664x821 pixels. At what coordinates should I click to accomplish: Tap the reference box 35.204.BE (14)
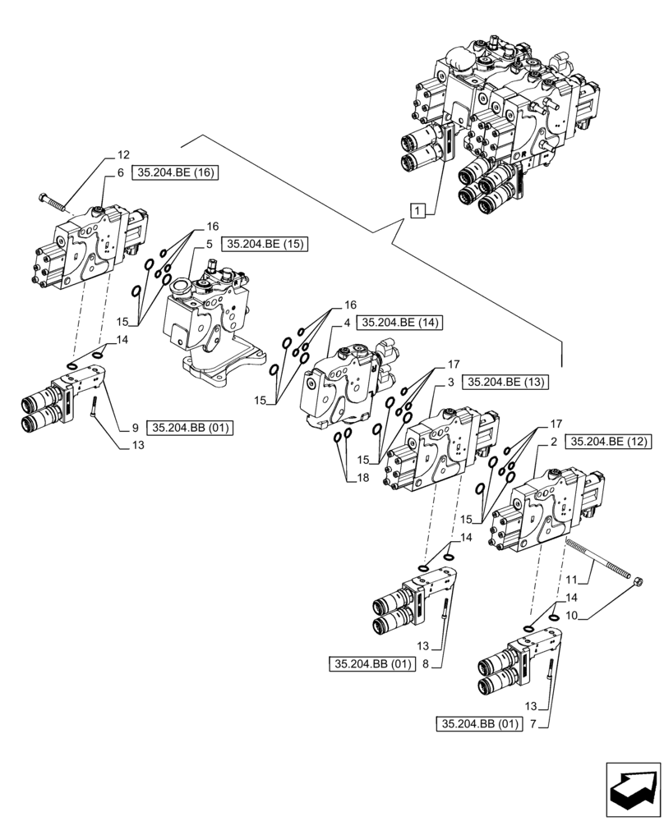[399, 323]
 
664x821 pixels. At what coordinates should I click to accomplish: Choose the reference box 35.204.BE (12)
[608, 442]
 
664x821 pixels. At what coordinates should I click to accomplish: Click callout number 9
[134, 427]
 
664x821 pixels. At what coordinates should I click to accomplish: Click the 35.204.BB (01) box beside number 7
[480, 723]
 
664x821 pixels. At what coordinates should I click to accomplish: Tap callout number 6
[120, 173]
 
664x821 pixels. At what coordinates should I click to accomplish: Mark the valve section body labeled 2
[546, 509]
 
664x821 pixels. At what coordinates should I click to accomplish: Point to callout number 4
[348, 323]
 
